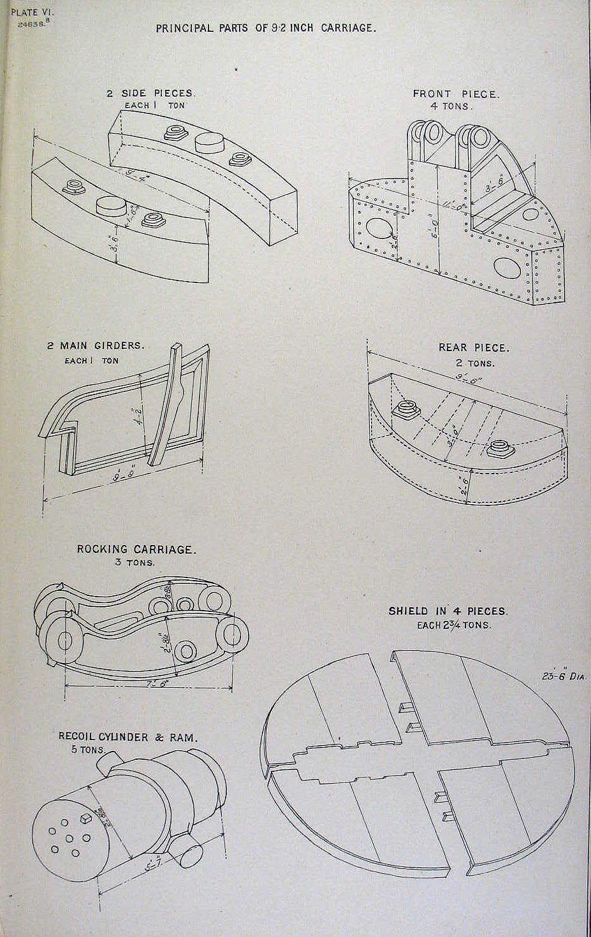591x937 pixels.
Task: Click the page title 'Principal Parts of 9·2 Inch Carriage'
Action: click(x=266, y=28)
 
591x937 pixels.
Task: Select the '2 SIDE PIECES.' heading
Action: click(x=150, y=93)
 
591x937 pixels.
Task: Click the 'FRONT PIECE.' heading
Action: click(x=456, y=94)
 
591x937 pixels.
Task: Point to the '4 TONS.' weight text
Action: click(x=452, y=106)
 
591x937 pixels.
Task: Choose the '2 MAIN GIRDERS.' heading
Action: click(x=96, y=346)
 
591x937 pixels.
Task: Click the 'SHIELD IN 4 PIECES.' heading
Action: click(x=448, y=611)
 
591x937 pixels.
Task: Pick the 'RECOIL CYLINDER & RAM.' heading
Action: click(x=128, y=737)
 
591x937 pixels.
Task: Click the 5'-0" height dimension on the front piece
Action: click(x=434, y=227)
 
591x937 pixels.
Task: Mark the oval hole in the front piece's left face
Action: click(x=376, y=229)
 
